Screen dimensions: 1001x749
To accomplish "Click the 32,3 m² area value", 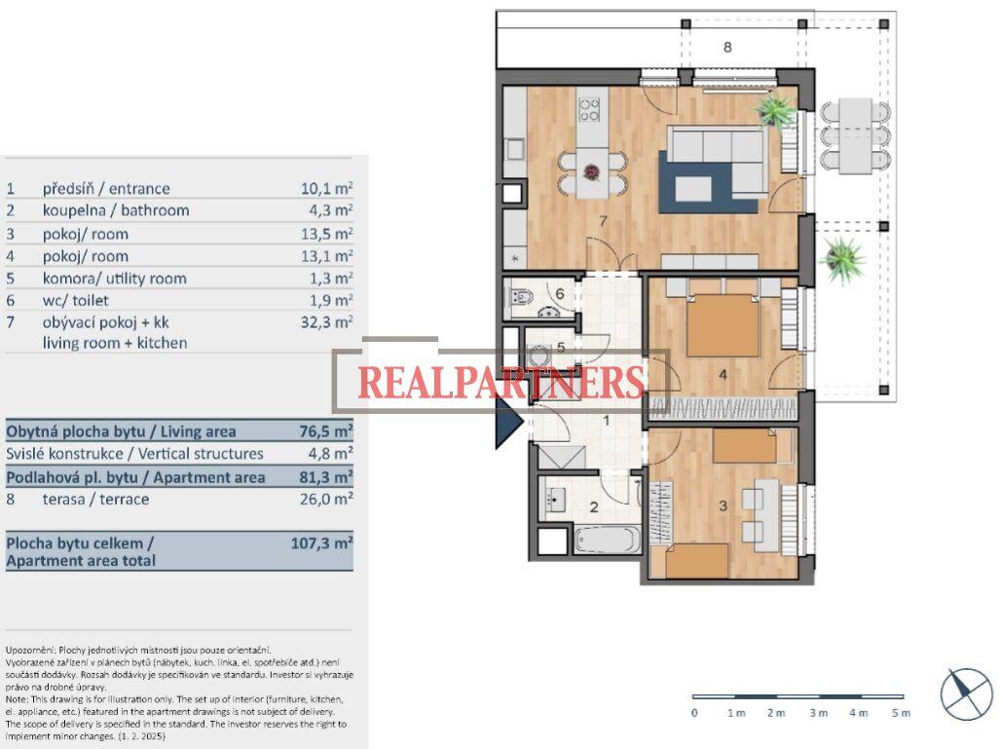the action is click(326, 321).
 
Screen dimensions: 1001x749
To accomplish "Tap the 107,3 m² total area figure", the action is click(321, 543).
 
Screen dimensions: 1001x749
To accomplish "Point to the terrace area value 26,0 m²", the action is click(326, 499).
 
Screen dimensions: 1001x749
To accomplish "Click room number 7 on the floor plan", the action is click(603, 221).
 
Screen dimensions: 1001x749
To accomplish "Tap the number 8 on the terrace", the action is click(727, 47).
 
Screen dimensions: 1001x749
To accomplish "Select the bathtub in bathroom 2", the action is click(607, 540).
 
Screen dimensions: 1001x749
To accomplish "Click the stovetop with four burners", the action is click(589, 109).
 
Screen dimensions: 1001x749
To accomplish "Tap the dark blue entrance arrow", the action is click(509, 421).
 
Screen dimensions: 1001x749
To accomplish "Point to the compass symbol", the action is click(965, 694).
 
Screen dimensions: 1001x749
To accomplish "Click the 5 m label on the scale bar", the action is click(901, 713).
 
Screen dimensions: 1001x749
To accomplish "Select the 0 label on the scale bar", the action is click(694, 713).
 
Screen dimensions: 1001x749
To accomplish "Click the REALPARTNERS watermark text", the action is click(501, 383).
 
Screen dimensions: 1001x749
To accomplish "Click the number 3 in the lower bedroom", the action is click(723, 506).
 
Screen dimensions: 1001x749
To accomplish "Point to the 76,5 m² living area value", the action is click(326, 431).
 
